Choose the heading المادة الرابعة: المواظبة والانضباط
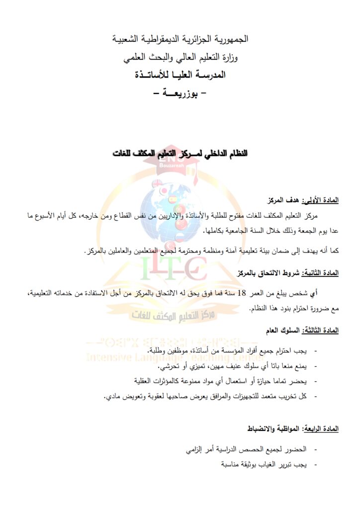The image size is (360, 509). pos(293,428)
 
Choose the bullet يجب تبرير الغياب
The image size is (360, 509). pos(264,464)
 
